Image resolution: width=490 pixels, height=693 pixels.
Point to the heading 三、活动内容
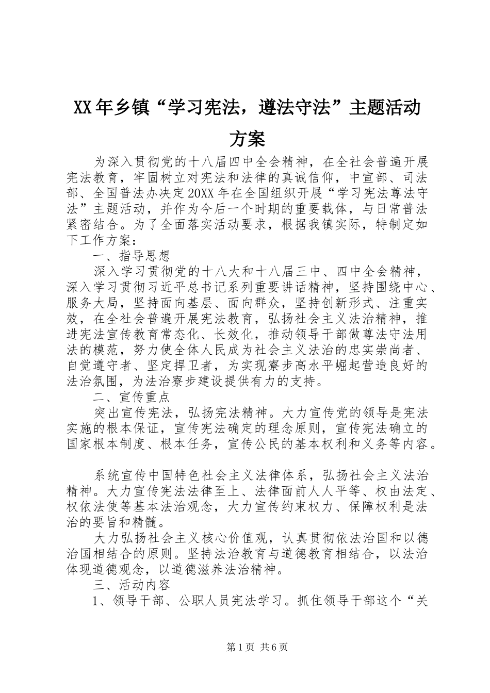pyautogui.click(x=131, y=586)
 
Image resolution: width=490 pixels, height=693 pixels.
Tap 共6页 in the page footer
pyautogui.click(x=274, y=647)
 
